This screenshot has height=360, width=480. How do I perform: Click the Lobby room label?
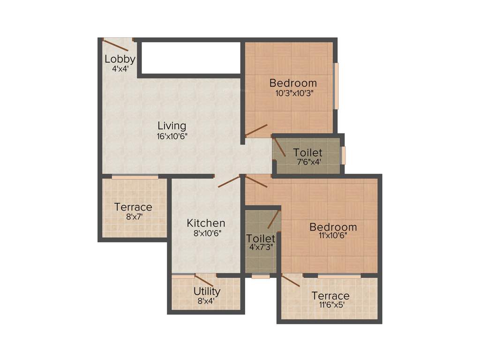(x=120, y=59)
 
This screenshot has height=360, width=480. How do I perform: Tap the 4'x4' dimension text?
(x=120, y=68)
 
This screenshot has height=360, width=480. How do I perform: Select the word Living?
(x=172, y=126)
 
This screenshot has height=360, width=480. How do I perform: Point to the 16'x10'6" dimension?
(x=172, y=136)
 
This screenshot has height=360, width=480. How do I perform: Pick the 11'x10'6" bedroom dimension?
(x=333, y=236)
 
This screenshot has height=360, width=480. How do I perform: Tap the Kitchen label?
(x=206, y=223)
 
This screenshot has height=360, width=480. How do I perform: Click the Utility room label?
(x=207, y=292)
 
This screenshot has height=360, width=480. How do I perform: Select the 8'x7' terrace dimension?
(x=133, y=217)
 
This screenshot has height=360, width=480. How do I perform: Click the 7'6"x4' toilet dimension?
(x=307, y=162)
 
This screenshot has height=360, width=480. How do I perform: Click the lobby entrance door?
(x=117, y=45)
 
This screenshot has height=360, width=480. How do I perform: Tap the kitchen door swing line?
(x=229, y=182)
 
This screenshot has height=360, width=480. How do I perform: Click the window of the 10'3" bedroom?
(x=336, y=86)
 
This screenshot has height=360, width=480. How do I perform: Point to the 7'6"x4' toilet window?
(x=343, y=156)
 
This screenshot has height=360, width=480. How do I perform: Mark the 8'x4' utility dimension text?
(x=206, y=301)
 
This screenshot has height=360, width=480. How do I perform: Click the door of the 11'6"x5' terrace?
(x=291, y=280)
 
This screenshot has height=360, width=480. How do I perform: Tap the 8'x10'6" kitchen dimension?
(x=206, y=232)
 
